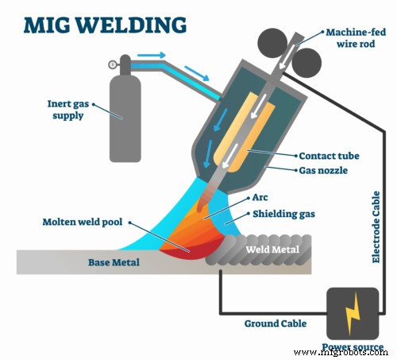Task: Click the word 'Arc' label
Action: (x=260, y=197)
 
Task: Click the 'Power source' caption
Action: (x=353, y=348)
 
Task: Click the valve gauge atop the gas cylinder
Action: (x=113, y=64)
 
